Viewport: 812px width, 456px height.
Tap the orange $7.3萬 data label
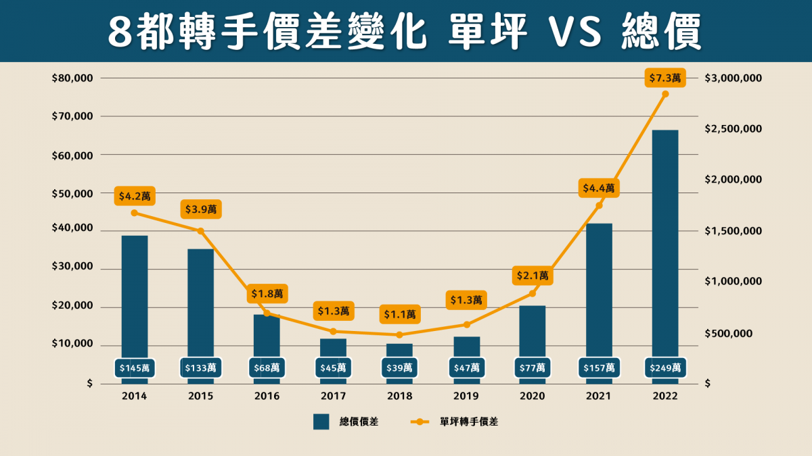(x=666, y=79)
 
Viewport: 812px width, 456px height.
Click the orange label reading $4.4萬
(x=599, y=188)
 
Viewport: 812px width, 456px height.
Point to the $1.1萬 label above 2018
(x=400, y=314)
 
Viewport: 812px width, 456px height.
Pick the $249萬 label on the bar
(x=665, y=368)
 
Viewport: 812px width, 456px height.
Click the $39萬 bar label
(x=400, y=368)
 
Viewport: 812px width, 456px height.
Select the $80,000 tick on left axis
(x=72, y=78)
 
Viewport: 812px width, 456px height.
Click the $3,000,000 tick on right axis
(x=734, y=78)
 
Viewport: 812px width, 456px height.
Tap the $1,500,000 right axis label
(x=734, y=231)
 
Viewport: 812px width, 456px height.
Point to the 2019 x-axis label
(x=466, y=397)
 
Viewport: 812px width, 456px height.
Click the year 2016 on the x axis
(x=267, y=397)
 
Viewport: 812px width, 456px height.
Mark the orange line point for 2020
(x=533, y=293)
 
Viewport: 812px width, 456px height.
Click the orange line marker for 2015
(x=201, y=231)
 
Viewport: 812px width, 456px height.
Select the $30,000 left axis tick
(x=72, y=269)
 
